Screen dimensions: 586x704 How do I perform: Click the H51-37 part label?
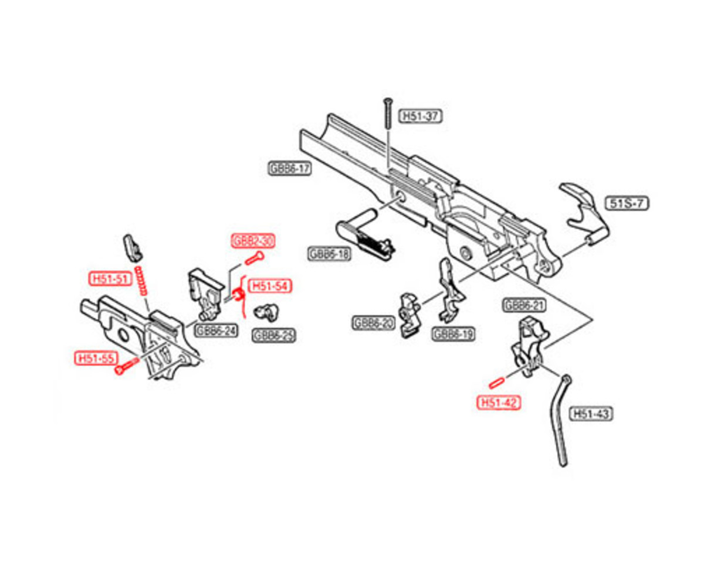point(420,117)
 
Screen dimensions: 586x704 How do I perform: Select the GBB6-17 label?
point(289,169)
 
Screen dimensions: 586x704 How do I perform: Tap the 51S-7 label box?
point(627,203)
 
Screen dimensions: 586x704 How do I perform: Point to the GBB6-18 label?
point(328,253)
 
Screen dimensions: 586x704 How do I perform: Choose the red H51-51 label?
point(109,278)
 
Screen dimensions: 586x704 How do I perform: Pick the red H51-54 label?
point(270,286)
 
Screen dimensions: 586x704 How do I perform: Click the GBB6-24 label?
point(216,331)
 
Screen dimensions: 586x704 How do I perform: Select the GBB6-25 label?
point(274,335)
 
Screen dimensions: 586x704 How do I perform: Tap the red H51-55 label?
point(94,357)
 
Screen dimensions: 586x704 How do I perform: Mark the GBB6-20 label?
point(373,323)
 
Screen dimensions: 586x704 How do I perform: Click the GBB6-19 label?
point(453,334)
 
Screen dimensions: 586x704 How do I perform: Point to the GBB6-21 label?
point(523,305)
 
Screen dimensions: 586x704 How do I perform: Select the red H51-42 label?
point(499,403)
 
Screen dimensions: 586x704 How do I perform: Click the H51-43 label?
point(591,414)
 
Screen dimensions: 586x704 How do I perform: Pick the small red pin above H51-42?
point(497,382)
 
